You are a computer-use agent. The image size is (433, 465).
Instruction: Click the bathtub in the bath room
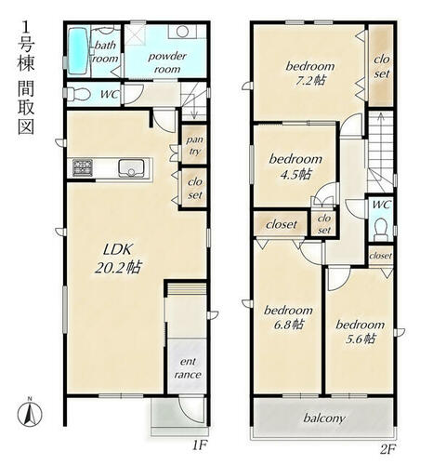coord(78,51)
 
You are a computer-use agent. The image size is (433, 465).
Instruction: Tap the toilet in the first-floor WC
coord(78,94)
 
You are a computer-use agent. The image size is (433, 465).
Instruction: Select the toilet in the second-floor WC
coord(381,229)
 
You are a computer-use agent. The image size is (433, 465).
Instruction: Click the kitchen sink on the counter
coord(131,168)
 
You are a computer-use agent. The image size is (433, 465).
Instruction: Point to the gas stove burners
coord(83,167)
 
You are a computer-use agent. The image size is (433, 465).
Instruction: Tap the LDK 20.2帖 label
coord(118,258)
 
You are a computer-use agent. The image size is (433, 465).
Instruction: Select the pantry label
coord(194,145)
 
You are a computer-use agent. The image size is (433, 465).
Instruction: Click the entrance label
coord(188,368)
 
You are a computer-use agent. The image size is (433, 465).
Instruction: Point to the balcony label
coord(324,418)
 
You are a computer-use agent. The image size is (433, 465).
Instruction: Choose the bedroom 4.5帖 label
coord(295,166)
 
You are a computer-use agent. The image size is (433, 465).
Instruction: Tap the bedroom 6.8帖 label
coord(288,317)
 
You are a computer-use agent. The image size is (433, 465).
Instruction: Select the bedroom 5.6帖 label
coord(360,332)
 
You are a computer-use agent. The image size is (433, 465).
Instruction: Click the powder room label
coord(167,62)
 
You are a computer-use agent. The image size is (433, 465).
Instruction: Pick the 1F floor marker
coord(199,445)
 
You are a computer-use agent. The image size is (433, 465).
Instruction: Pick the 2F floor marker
coord(387,448)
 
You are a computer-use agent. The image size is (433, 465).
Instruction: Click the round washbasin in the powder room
coord(182,32)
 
